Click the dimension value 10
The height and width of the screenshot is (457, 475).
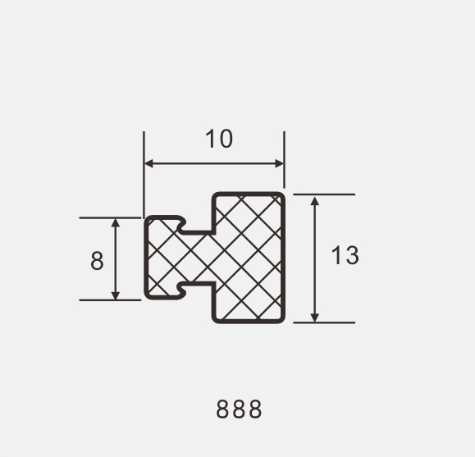pos(219,139)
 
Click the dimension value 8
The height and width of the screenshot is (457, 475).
pos(98,261)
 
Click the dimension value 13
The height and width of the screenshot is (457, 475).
pos(345,256)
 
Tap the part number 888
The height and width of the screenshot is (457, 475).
pos(239,409)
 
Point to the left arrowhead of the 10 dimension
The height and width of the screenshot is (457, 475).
pos(148,163)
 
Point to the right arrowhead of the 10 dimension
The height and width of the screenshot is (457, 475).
pos(280,163)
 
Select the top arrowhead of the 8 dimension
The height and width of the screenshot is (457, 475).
pos(116,222)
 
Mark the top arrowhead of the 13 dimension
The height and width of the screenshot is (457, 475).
pos(315,199)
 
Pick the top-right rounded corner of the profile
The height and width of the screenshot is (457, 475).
pos(281,197)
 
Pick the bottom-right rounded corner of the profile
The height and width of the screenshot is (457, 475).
pos(281,318)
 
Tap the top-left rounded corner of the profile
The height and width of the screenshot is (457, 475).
pos(148,220)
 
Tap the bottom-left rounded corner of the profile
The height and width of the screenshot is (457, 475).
pos(148,295)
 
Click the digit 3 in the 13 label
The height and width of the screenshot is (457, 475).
pos(351,256)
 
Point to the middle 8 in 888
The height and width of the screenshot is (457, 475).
pos(239,409)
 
